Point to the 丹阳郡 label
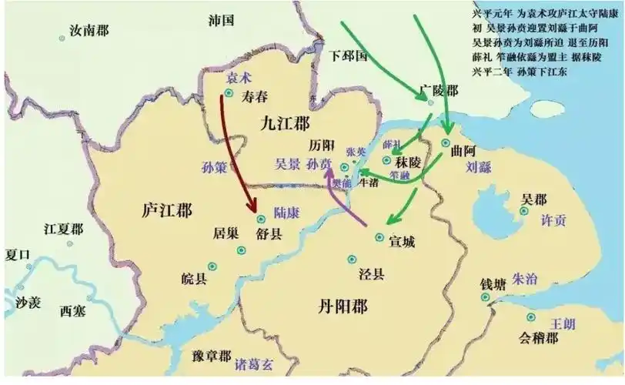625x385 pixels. coord(343,306)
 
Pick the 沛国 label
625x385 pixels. coord(221,21)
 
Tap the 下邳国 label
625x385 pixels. coord(347,55)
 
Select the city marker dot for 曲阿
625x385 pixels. coord(446,143)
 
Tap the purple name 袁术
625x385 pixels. coord(239,79)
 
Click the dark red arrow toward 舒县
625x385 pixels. coord(239,154)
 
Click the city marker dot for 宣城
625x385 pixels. coord(379,237)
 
